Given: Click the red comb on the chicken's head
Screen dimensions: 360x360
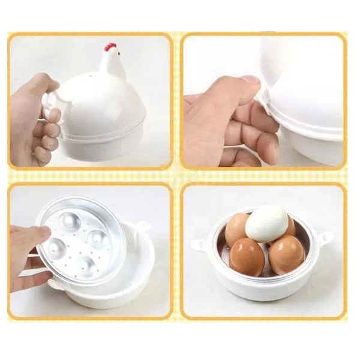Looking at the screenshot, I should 110,46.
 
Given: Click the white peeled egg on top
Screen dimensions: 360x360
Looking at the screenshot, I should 266,223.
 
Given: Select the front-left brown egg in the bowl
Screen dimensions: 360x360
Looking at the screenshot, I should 246,256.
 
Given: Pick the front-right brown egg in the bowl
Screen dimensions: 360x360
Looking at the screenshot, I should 286,254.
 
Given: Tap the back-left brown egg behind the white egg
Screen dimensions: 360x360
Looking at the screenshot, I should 236,229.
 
